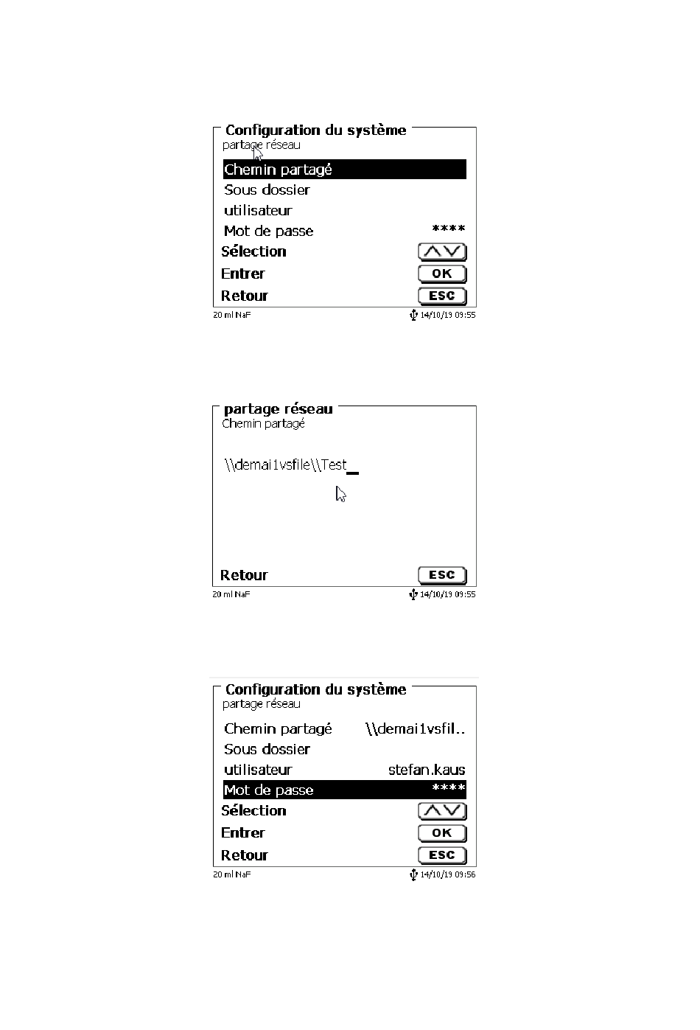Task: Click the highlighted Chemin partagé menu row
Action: (x=344, y=170)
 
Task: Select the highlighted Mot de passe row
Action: (x=344, y=790)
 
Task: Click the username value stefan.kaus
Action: (x=427, y=770)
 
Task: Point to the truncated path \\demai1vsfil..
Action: (x=415, y=729)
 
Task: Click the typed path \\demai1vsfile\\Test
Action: (x=285, y=465)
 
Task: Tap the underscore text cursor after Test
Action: (x=353, y=472)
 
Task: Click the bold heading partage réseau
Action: (x=278, y=409)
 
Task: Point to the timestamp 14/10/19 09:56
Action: (x=447, y=874)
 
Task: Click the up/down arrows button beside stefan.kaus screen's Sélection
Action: (x=442, y=811)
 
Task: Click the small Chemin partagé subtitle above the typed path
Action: (x=263, y=424)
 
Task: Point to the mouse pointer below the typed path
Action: (x=340, y=494)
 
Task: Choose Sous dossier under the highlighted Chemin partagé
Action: (x=267, y=190)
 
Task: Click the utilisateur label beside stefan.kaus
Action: (x=258, y=770)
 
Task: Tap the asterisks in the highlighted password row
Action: (x=448, y=789)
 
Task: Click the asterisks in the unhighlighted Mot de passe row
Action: (x=448, y=230)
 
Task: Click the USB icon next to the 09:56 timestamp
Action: (x=413, y=874)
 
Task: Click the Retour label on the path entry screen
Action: (x=244, y=575)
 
